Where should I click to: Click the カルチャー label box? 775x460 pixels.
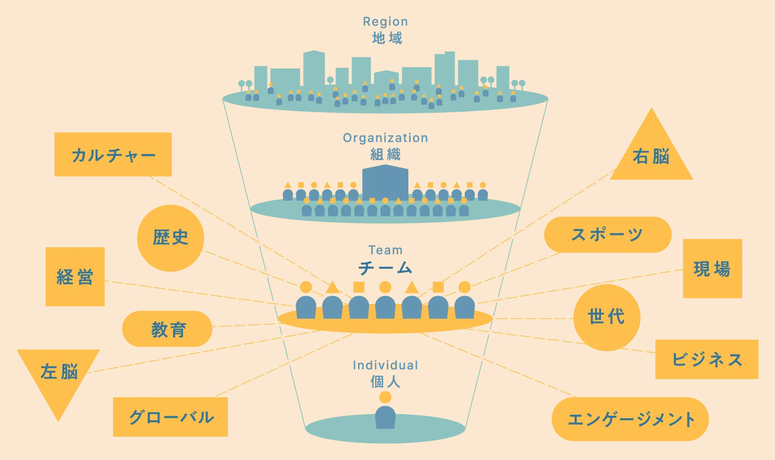click(x=113, y=155)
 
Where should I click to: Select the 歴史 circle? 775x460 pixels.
click(x=170, y=238)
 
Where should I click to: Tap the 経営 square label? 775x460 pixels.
click(x=75, y=277)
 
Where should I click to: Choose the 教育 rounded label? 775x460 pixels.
click(x=167, y=329)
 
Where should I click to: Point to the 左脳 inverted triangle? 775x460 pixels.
click(x=58, y=375)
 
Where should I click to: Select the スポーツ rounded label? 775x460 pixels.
click(x=608, y=235)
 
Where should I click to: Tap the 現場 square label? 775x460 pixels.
click(x=712, y=269)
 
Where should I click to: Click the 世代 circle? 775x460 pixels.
click(x=607, y=318)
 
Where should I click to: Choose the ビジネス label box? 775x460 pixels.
click(x=707, y=359)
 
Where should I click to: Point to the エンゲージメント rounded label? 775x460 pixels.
click(x=630, y=419)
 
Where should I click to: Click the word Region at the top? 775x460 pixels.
click(x=385, y=22)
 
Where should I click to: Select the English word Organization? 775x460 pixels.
click(x=385, y=138)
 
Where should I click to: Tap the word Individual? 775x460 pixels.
click(x=385, y=365)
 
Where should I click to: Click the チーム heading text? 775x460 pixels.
click(x=385, y=268)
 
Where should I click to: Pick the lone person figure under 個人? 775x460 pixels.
click(x=385, y=414)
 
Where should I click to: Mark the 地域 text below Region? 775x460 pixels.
click(x=387, y=38)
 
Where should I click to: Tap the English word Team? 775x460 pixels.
click(x=385, y=250)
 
